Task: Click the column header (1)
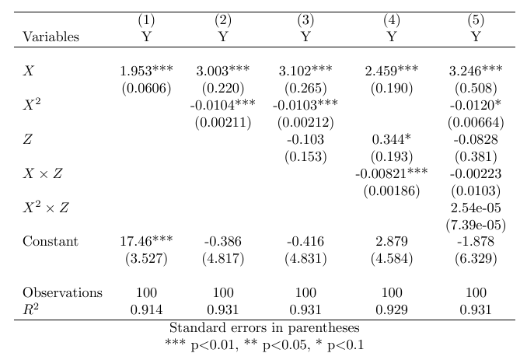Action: (146, 19)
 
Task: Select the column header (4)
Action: (392, 19)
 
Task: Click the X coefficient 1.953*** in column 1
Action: (146, 71)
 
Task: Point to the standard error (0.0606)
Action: (146, 88)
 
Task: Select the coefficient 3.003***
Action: (223, 71)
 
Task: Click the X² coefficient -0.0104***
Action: (223, 105)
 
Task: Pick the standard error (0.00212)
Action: (305, 122)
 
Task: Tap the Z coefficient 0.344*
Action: (392, 139)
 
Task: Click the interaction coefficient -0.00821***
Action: (392, 173)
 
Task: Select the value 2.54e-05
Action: (476, 208)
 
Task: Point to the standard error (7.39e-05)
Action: (476, 225)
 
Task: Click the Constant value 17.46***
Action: (146, 242)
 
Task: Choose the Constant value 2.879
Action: (392, 242)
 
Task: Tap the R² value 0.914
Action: (146, 310)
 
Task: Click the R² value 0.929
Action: (392, 310)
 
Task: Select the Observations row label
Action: (62, 293)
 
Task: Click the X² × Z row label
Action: (46, 208)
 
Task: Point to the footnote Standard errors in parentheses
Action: (264, 327)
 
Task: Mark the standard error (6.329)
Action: (476, 259)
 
